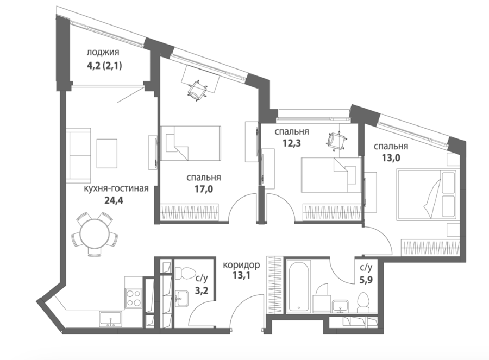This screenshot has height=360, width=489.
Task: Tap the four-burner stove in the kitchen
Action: pyautogui.click(x=134, y=298)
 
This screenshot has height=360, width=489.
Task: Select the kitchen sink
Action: pyautogui.click(x=111, y=319)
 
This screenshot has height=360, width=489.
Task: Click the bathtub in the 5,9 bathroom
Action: pyautogui.click(x=299, y=286)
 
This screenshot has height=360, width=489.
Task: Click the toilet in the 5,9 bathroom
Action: pyautogui.click(x=363, y=302)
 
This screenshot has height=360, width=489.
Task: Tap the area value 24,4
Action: pyautogui.click(x=114, y=200)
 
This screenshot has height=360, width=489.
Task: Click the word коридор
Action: pyautogui.click(x=241, y=265)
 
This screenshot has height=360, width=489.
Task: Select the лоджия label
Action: pyautogui.click(x=103, y=52)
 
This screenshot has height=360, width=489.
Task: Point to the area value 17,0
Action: pyautogui.click(x=204, y=189)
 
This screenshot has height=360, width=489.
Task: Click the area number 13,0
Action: pyautogui.click(x=391, y=157)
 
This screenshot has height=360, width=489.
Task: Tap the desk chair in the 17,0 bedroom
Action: pyautogui.click(x=197, y=90)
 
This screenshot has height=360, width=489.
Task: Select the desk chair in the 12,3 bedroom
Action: pyautogui.click(x=337, y=141)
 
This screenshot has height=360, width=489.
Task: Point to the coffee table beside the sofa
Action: pyautogui.click(x=107, y=153)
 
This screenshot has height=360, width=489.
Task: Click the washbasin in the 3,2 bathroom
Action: pyautogui.click(x=181, y=298)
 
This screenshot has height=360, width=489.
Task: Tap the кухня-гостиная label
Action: pyautogui.click(x=116, y=188)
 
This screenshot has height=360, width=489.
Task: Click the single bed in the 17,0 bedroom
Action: pyautogui.click(x=190, y=143)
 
